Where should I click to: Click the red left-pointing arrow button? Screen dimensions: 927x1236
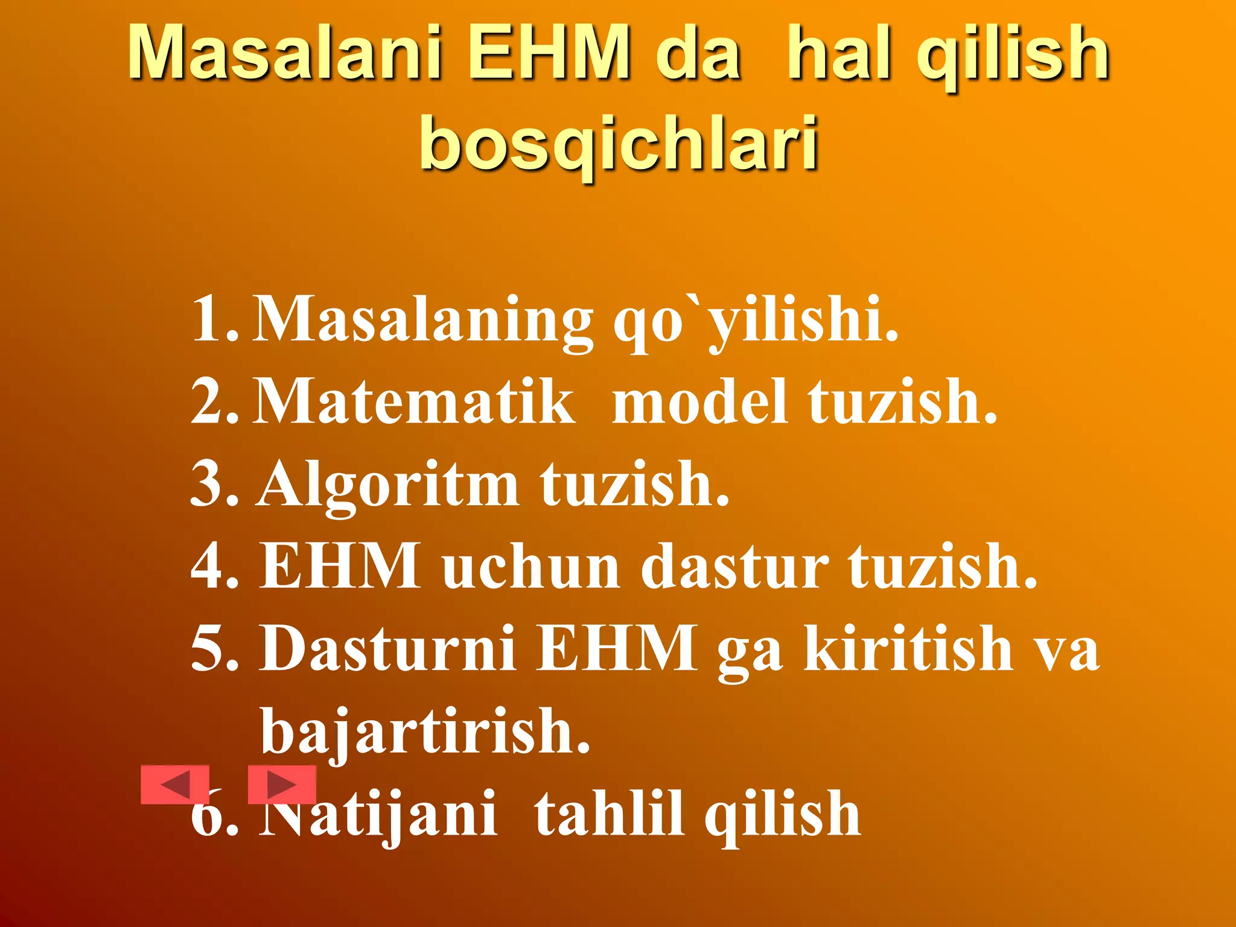tap(175, 785)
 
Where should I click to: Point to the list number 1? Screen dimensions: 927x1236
tap(211, 319)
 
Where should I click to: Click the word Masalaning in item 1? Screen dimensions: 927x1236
tap(423, 320)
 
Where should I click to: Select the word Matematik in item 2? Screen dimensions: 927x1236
tap(414, 401)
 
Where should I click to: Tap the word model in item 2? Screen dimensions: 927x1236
tap(700, 401)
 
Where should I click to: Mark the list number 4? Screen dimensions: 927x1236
tap(211, 565)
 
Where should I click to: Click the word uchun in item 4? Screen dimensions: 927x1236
tap(531, 565)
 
